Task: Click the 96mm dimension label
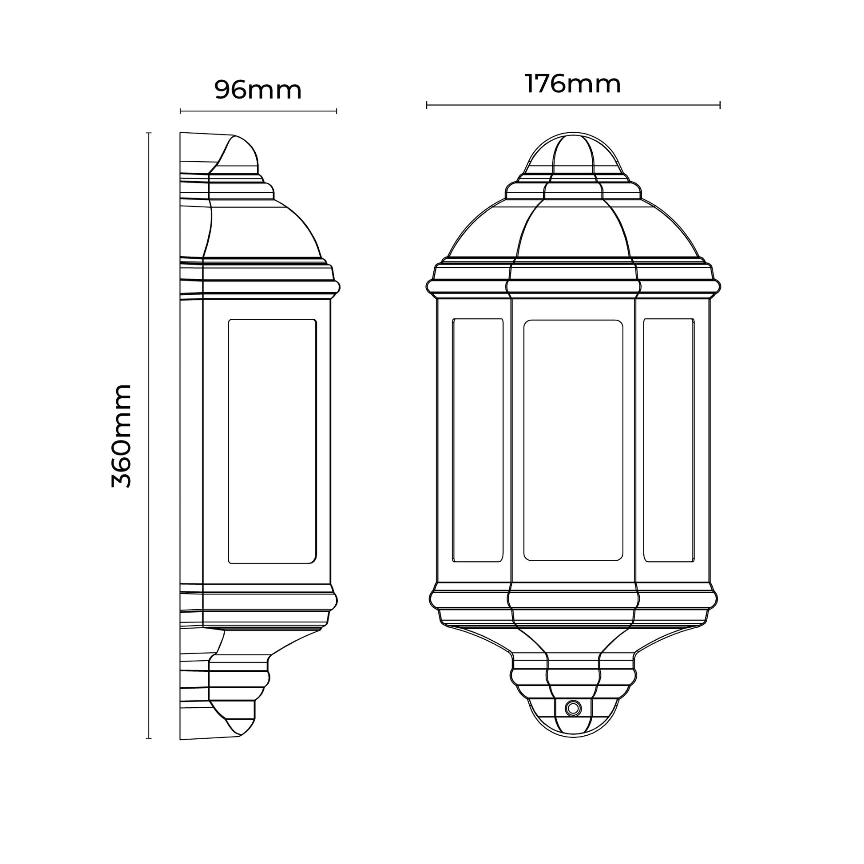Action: pos(258,90)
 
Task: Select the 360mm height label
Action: pos(122,436)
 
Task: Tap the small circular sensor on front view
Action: pos(573,708)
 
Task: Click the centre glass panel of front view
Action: pos(573,440)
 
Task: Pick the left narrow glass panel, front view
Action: pos(478,440)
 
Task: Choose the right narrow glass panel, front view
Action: pos(669,440)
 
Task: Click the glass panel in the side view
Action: pos(272,441)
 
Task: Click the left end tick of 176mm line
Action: pos(427,105)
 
